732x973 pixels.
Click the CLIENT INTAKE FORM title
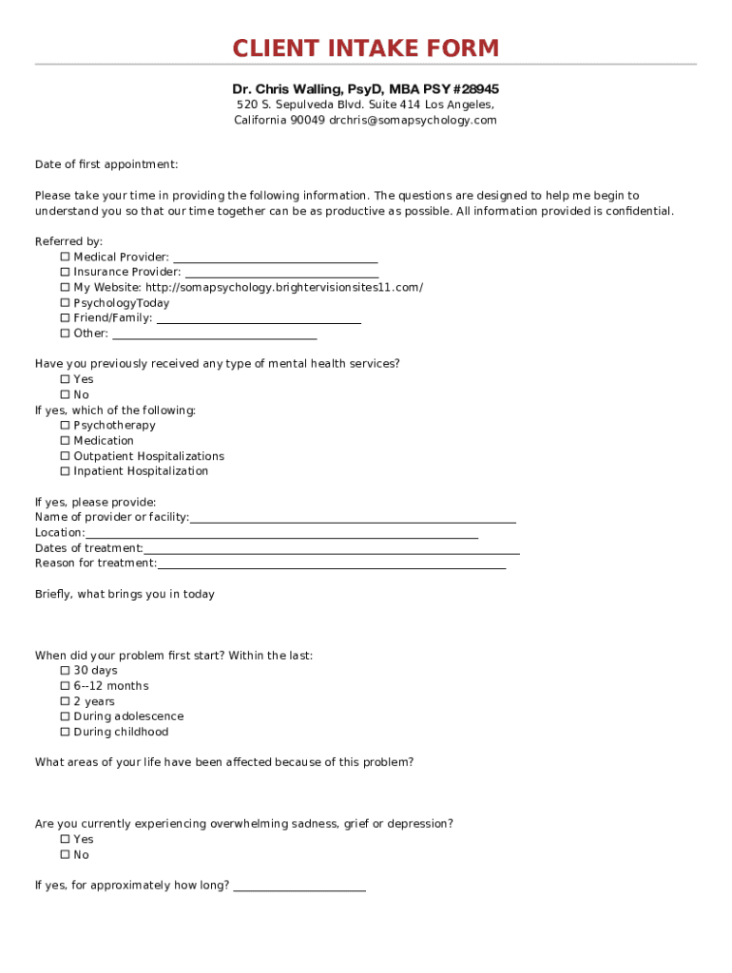(x=366, y=48)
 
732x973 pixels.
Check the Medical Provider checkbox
(x=66, y=258)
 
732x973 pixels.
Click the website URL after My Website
(x=284, y=288)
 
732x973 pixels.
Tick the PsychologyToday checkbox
(x=66, y=303)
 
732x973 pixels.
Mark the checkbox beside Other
(x=66, y=334)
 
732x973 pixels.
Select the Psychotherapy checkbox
(x=66, y=426)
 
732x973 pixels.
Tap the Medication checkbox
(x=66, y=441)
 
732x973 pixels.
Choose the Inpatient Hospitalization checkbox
(x=66, y=471)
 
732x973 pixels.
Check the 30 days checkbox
(x=66, y=671)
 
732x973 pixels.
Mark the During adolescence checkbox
(x=66, y=716)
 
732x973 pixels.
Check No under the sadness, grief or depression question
(x=66, y=855)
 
